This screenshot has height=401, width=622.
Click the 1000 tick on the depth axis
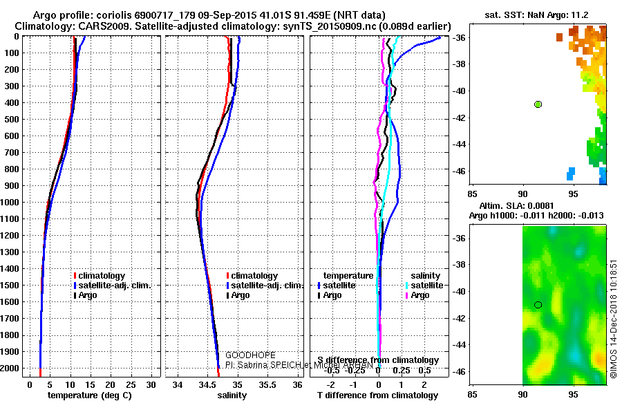(x=11, y=203)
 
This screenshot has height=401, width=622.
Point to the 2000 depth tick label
(x=11, y=369)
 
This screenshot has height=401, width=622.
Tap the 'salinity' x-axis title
(x=233, y=395)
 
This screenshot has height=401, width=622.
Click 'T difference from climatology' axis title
(x=377, y=395)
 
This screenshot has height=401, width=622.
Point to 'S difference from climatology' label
(x=377, y=360)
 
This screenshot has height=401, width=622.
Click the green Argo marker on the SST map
(x=538, y=104)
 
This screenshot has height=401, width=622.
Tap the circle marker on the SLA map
(x=538, y=305)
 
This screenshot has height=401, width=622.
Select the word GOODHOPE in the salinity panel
(x=245, y=354)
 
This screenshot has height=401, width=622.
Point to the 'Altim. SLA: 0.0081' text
(x=515, y=206)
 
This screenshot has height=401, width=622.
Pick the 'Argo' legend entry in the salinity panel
(x=241, y=295)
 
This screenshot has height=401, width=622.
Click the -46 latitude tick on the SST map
(x=460, y=171)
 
